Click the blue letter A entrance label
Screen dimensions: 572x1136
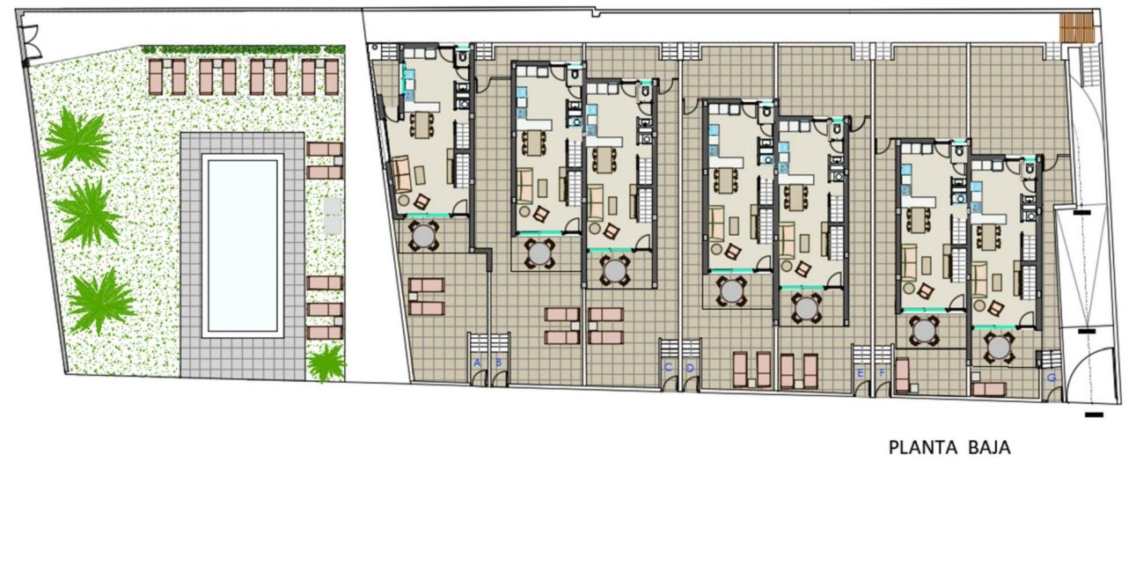coord(477,362)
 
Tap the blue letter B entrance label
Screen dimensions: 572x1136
coord(498,362)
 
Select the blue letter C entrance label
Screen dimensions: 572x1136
coord(668,367)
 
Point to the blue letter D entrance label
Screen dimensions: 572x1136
coord(690,367)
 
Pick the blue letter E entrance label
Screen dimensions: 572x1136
coord(860,372)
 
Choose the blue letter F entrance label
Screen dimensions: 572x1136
coord(882,372)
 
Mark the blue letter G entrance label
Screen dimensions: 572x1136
coord(1052,378)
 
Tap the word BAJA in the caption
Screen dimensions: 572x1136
coord(988,448)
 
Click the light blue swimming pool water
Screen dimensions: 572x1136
coord(242,246)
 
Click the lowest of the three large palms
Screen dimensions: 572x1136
coord(101,301)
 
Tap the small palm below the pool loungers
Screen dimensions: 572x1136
coord(326,362)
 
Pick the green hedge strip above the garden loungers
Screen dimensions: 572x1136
coord(243,50)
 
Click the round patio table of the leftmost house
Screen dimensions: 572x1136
coord(424,235)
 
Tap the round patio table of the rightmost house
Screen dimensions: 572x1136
coord(999,348)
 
